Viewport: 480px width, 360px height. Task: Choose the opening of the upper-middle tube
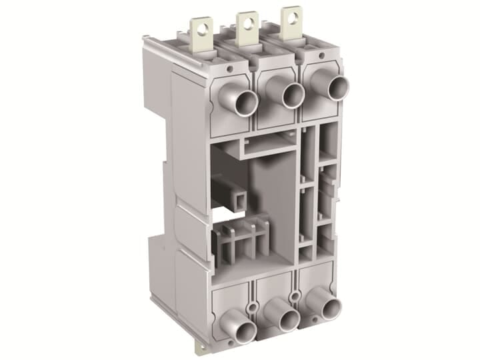click(293, 95)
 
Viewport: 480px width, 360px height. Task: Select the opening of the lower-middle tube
click(288, 321)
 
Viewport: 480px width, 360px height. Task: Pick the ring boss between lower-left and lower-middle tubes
click(251, 305)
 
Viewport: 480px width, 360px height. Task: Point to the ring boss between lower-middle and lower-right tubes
click(294, 295)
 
